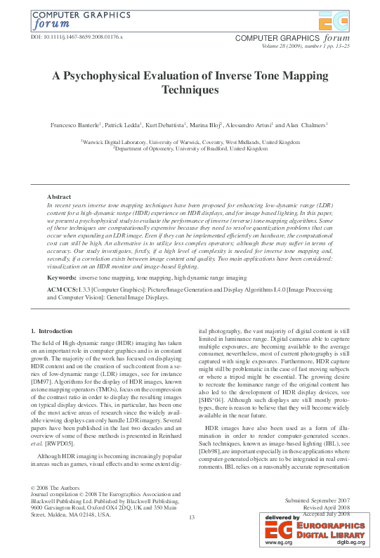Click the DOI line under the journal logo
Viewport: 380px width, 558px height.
(x=77, y=35)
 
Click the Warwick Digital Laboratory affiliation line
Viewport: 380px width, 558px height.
(x=190, y=142)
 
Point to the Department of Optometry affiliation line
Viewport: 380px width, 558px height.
(x=190, y=149)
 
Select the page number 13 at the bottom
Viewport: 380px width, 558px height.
(x=190, y=517)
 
